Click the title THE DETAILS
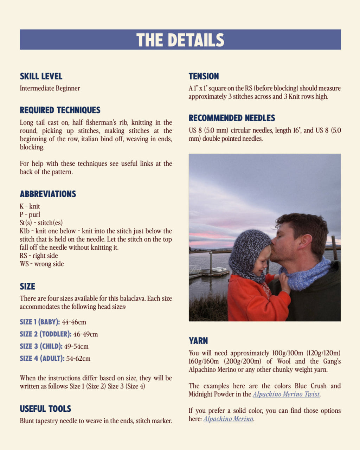(180, 40)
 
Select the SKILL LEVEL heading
(41, 76)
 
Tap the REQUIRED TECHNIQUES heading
(60, 110)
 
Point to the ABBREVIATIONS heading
(48, 194)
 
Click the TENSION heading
(204, 76)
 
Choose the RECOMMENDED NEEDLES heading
(232, 118)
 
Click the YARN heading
(198, 341)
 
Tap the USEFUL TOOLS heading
(45, 409)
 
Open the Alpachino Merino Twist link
(286, 394)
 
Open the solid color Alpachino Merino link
(228, 419)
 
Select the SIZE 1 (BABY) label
(40, 322)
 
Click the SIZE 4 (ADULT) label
(42, 359)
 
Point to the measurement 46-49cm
(85, 334)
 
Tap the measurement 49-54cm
(76, 346)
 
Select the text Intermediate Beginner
(50, 88)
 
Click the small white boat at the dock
(219, 270)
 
